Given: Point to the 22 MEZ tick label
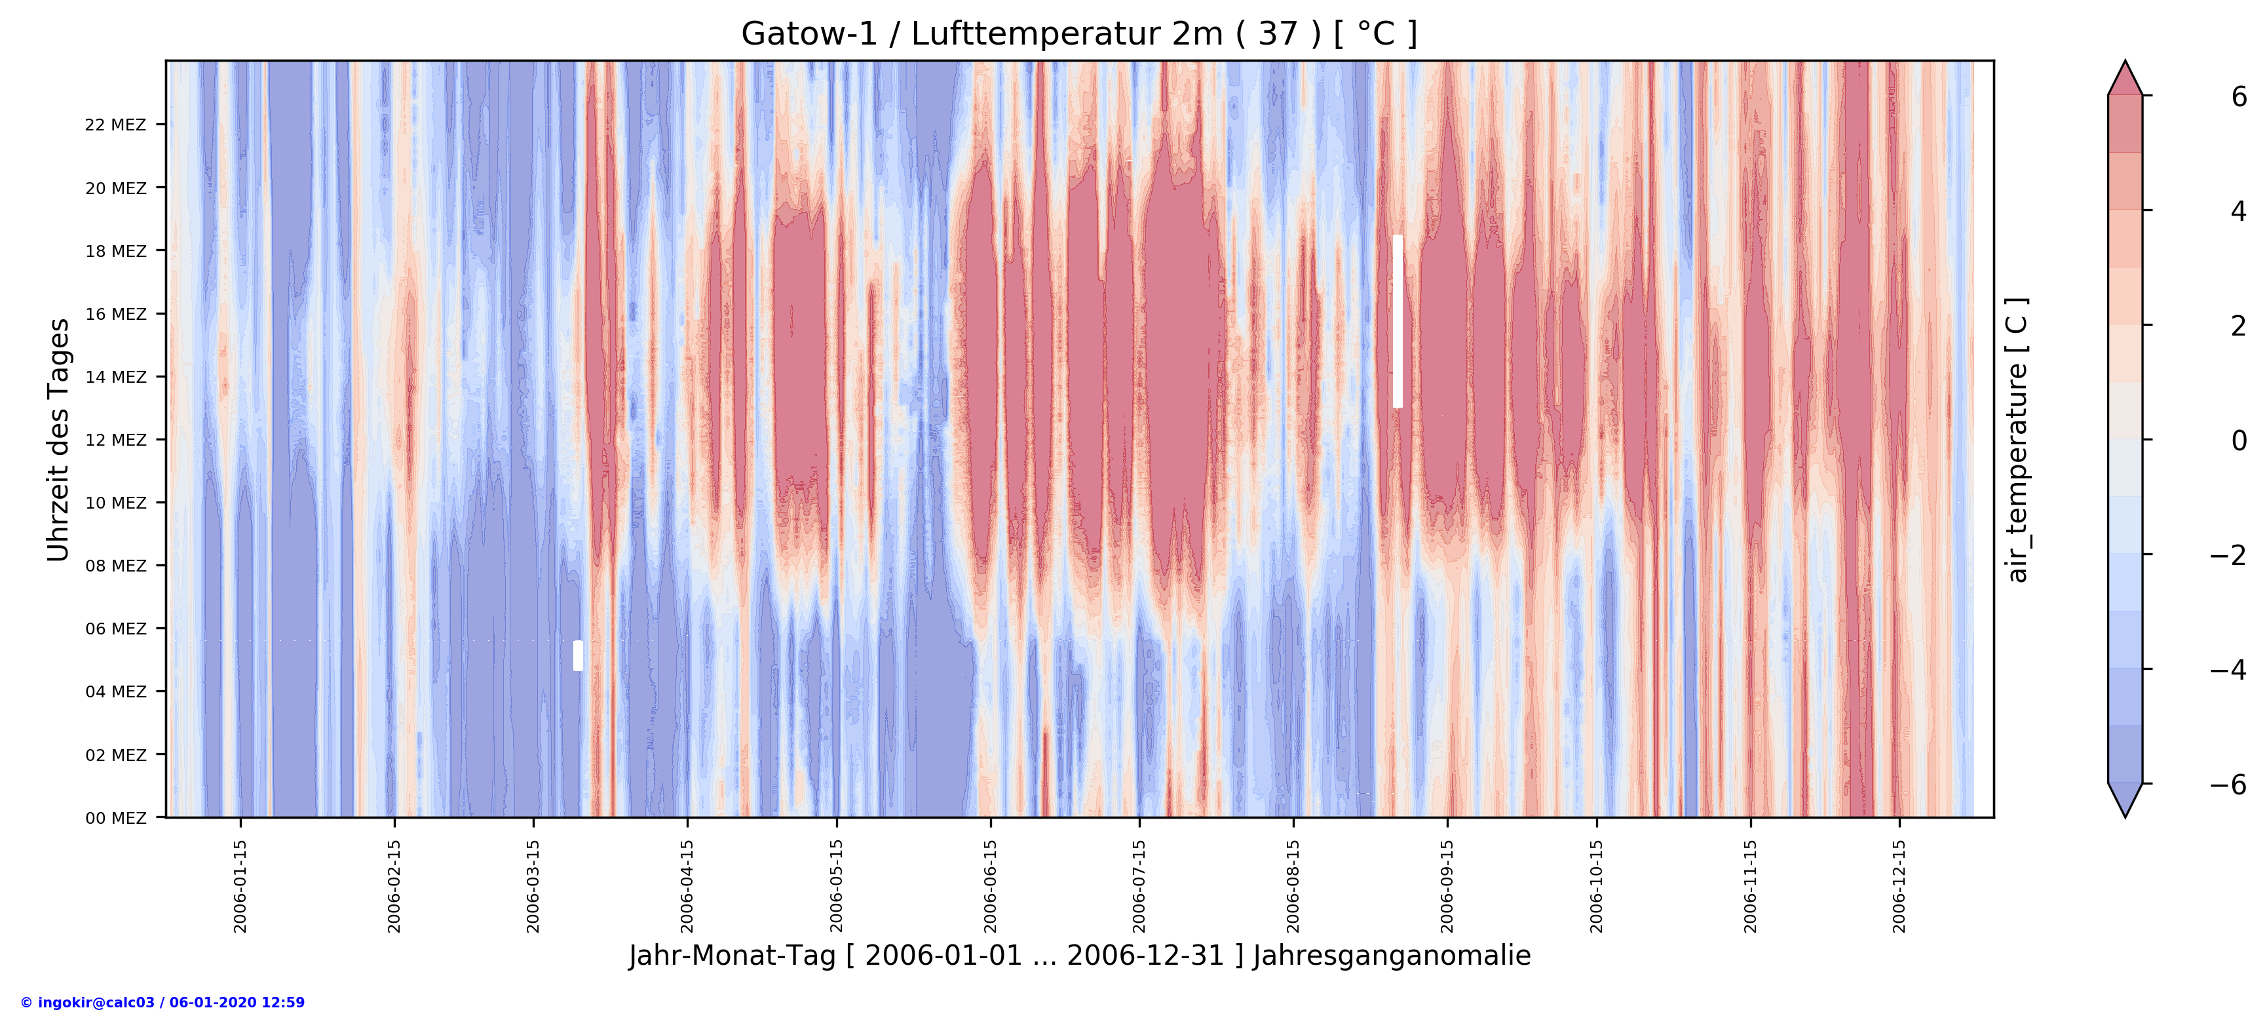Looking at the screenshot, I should [x=115, y=125].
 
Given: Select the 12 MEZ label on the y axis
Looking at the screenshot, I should [x=115, y=440].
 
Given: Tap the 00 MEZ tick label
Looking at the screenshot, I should [x=115, y=818].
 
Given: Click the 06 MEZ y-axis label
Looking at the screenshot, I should [x=115, y=629].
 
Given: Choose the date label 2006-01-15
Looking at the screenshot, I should [x=240, y=885].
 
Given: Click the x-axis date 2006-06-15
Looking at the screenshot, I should [x=991, y=885].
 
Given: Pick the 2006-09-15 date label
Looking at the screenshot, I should [x=1448, y=885].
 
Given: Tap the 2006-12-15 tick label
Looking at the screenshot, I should [x=1899, y=885].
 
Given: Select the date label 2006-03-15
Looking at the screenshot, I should [x=533, y=885].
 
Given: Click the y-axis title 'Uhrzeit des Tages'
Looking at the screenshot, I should [x=59, y=440].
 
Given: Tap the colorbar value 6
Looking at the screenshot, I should [x=2239, y=97].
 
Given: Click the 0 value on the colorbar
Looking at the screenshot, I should [x=2239, y=440].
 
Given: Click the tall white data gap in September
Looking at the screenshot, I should [x=1398, y=321].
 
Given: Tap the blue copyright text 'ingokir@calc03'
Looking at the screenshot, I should [x=162, y=1003].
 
